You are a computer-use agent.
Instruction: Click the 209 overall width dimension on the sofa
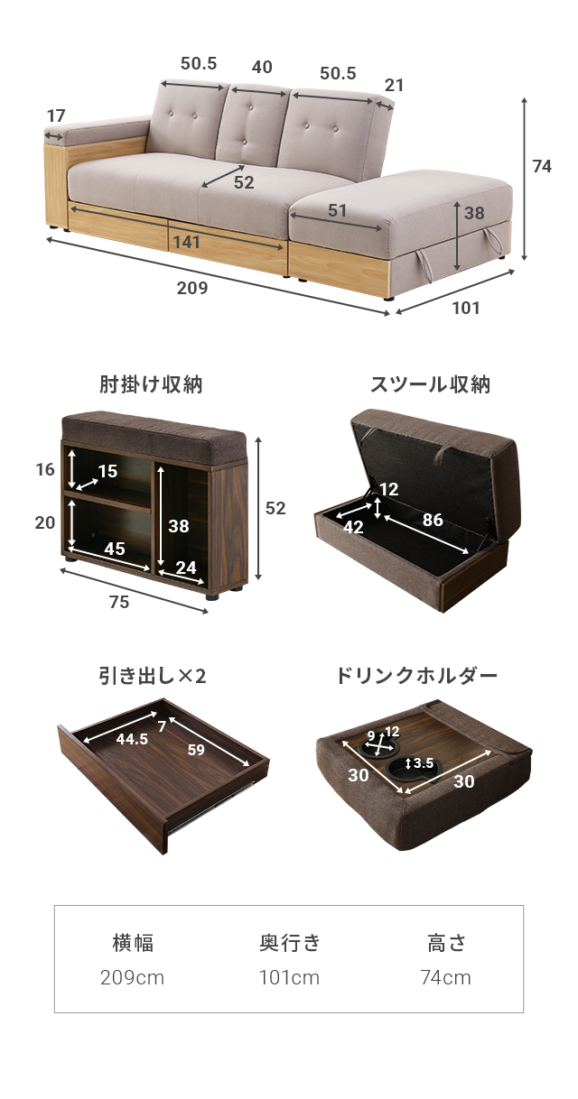click(192, 289)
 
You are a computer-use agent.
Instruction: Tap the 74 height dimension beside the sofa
click(542, 166)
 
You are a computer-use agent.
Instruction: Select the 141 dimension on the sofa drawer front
click(186, 242)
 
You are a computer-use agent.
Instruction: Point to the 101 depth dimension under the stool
click(466, 308)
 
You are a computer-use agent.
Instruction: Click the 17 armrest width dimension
click(56, 115)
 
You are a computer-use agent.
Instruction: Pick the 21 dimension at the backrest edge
click(394, 86)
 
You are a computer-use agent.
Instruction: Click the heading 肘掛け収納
click(151, 385)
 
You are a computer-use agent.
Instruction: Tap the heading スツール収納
click(430, 385)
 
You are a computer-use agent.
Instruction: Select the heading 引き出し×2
click(153, 675)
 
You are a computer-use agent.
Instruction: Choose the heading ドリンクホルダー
click(416, 675)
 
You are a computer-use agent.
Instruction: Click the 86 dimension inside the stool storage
click(433, 520)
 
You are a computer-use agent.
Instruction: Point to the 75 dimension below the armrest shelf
click(118, 603)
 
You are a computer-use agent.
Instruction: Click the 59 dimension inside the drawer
click(196, 748)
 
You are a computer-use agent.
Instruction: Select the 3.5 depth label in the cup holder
click(423, 763)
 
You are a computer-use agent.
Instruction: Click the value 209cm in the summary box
click(132, 978)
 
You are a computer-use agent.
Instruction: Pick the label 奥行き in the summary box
click(289, 944)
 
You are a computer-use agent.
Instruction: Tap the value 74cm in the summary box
click(445, 978)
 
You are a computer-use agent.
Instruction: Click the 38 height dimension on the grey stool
click(474, 214)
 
